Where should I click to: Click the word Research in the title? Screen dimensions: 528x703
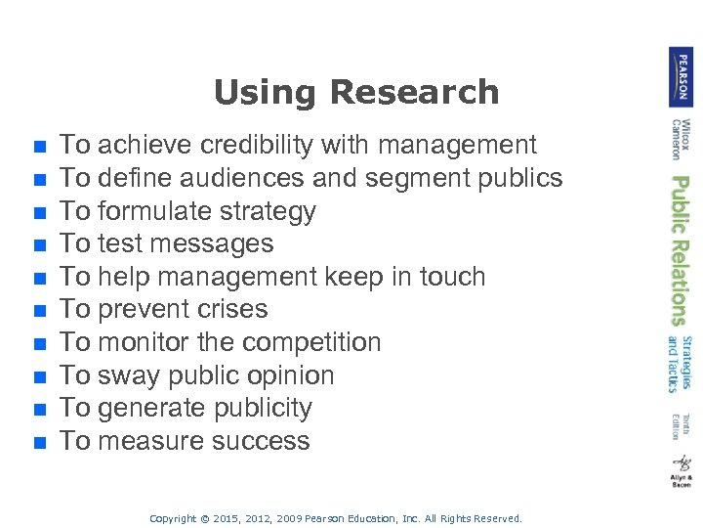(415, 92)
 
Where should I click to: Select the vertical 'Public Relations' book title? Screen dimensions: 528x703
(681, 250)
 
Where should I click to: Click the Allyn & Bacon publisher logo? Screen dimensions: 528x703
(681, 470)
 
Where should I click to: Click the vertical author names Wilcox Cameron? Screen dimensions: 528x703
(681, 139)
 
